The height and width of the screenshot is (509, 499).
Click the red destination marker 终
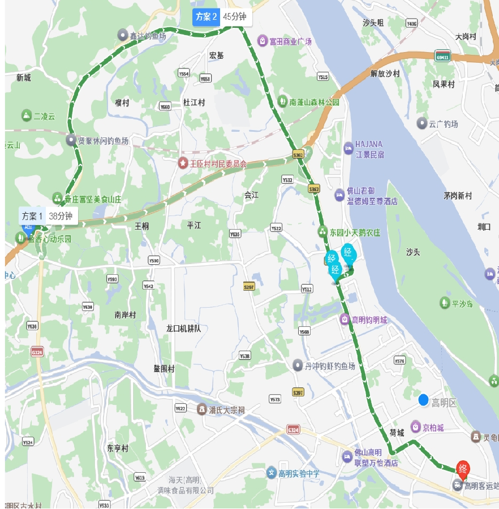pos(463,469)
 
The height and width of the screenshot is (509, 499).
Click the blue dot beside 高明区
pos(423,400)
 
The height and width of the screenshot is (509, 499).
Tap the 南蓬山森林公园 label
pos(314,102)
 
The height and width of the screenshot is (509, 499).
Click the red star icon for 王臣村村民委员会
pos(183,163)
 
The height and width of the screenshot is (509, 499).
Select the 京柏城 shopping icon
pos(415,426)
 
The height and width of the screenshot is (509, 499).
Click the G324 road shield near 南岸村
pos(37,352)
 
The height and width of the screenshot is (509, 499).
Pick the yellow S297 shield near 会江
pos(248,286)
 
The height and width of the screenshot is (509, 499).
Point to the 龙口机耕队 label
pos(183,328)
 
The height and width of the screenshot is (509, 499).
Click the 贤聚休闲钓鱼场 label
pos(103,140)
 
